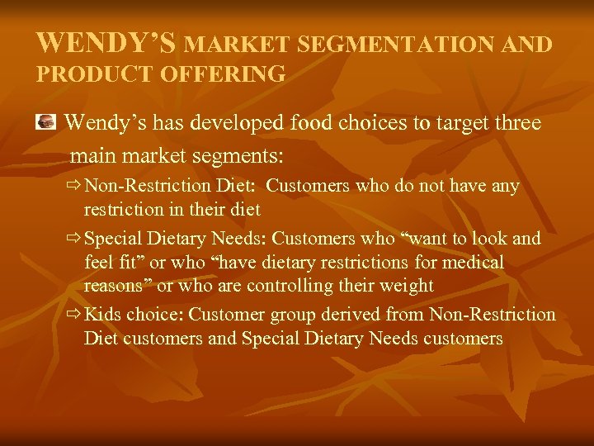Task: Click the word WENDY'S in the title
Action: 106,42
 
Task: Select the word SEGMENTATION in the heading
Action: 379,44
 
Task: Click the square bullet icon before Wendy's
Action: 48,123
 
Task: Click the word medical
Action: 474,263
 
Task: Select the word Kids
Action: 103,315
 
